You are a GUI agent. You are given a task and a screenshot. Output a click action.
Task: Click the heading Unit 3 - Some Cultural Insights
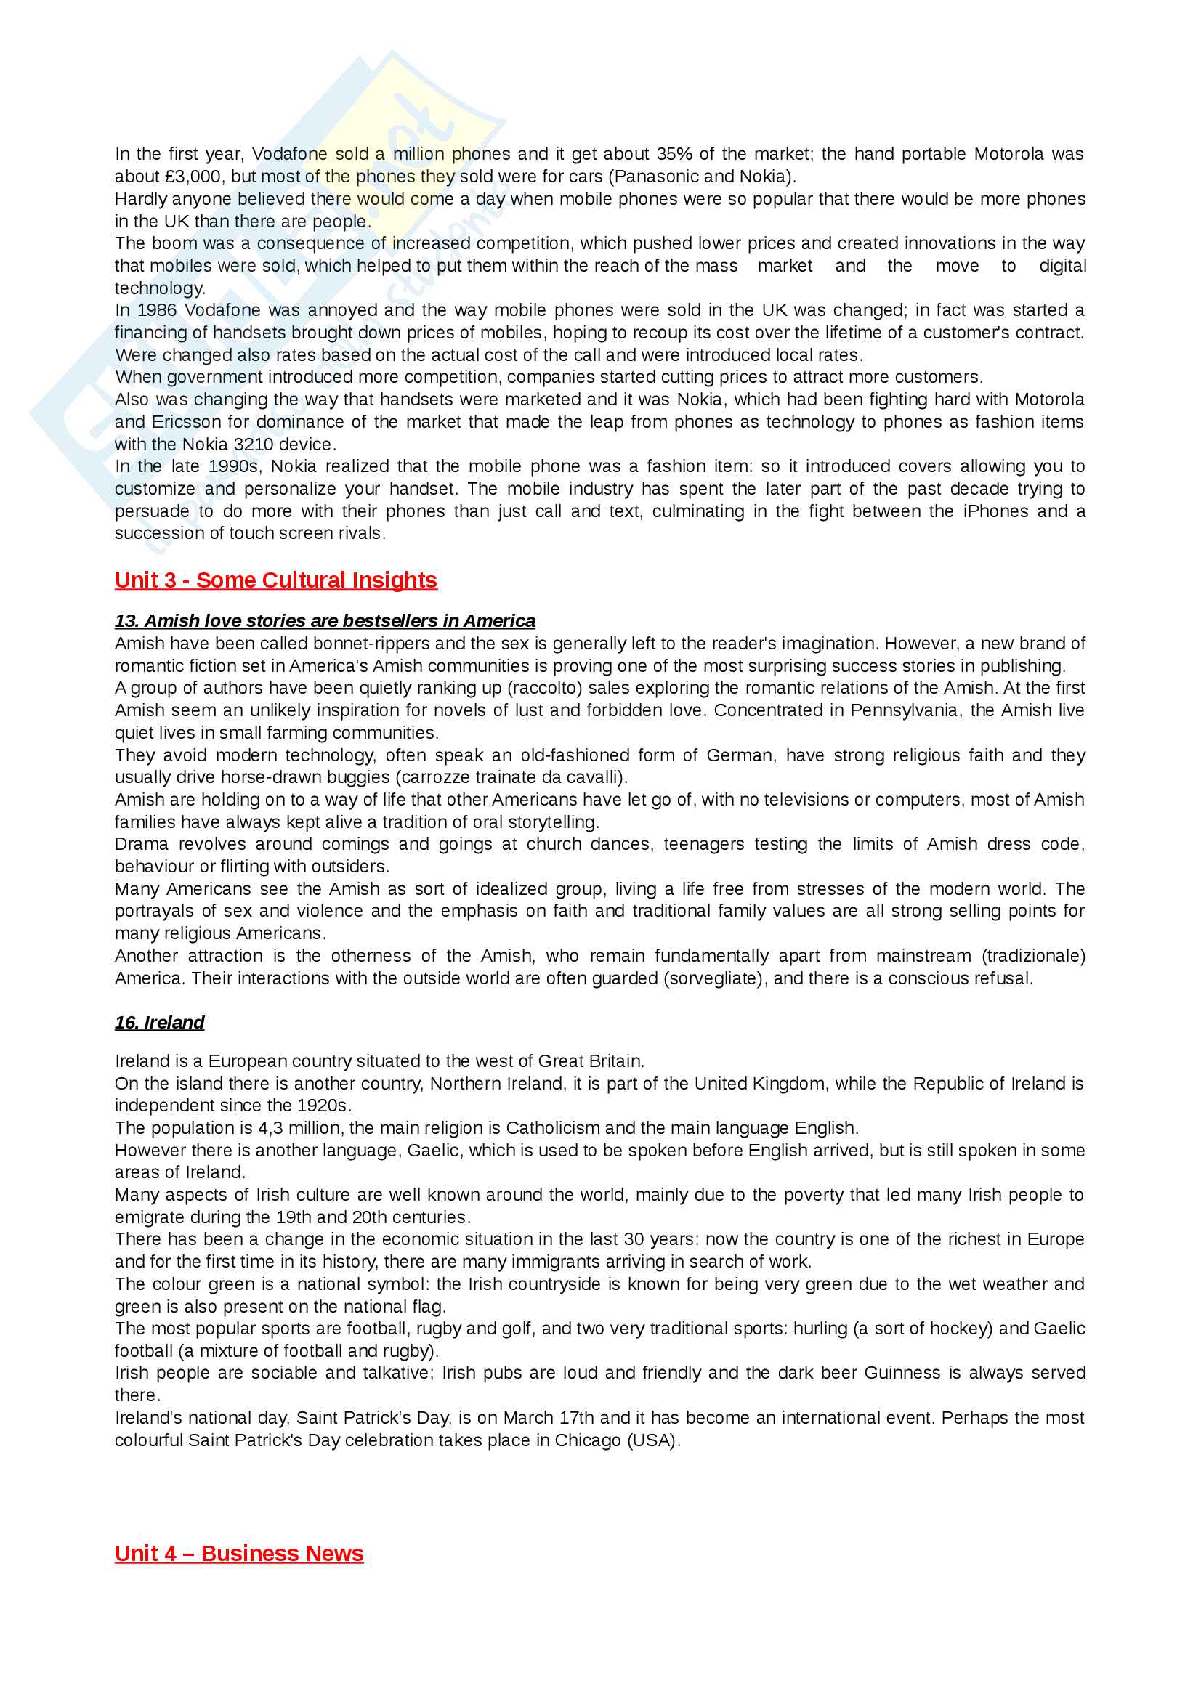click(275, 580)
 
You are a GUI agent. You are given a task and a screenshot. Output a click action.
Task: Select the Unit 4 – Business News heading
click(239, 1553)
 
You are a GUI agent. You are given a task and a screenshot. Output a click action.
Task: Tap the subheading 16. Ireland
click(159, 1023)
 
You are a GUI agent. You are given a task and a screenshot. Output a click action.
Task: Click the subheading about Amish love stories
click(325, 621)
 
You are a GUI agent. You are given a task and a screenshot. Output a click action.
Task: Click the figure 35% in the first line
click(674, 154)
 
